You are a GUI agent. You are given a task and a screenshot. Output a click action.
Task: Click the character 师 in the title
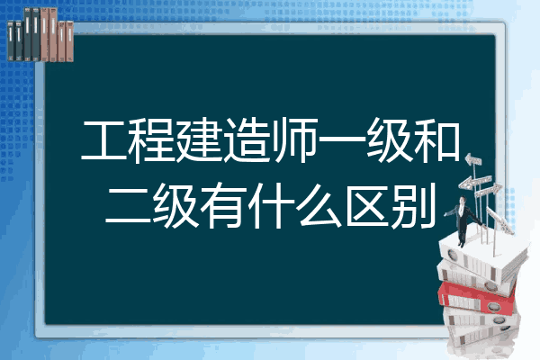click(295, 140)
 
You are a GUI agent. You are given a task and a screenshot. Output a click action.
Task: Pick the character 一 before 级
click(342, 139)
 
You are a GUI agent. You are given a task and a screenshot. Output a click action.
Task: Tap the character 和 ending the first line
click(437, 140)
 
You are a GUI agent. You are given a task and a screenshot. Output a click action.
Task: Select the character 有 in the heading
click(223, 206)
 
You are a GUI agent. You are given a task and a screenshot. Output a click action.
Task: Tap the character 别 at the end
click(413, 206)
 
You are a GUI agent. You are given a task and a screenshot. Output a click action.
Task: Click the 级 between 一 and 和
click(390, 140)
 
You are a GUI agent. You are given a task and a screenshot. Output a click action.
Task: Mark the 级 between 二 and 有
click(175, 206)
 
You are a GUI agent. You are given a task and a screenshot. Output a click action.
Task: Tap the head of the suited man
click(463, 200)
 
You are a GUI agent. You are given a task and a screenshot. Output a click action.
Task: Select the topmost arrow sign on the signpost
click(473, 160)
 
